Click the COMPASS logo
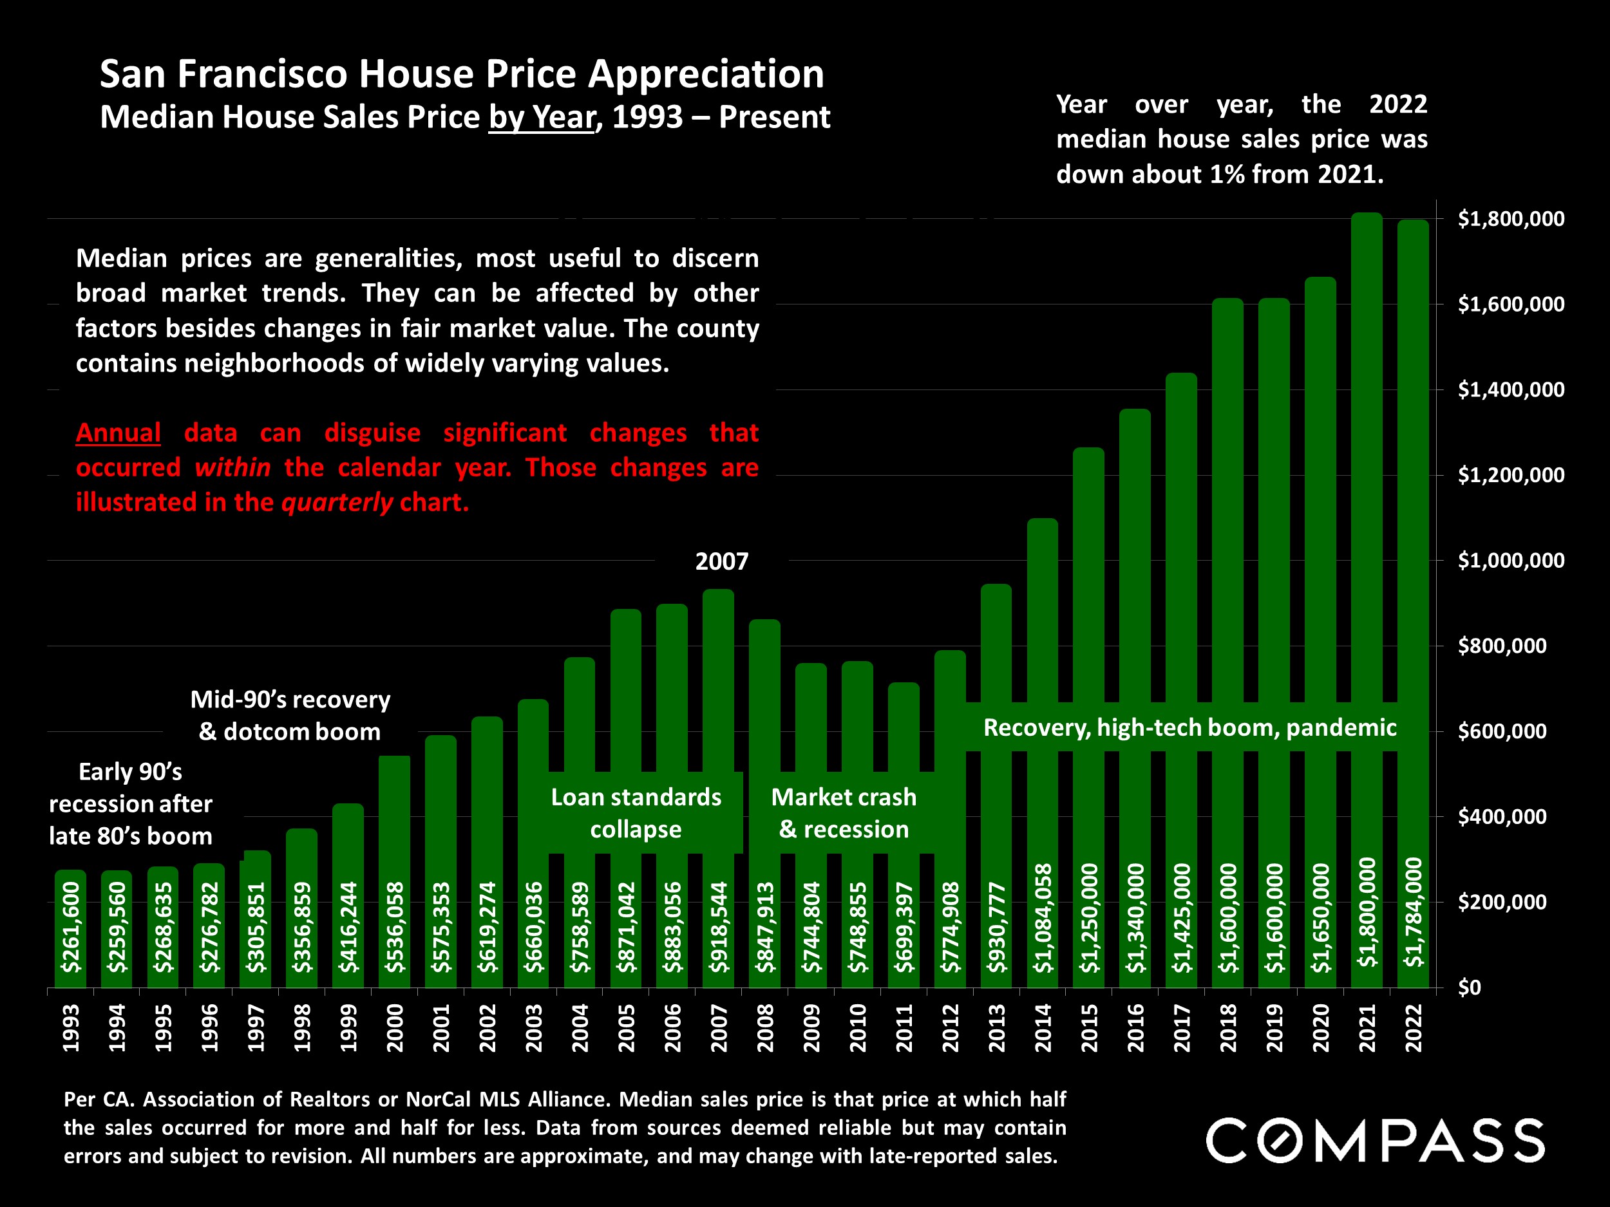pyautogui.click(x=1375, y=1140)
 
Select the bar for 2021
pyautogui.click(x=1366, y=509)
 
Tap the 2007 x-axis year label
pyautogui.click(x=719, y=1027)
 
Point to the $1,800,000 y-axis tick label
pyautogui.click(x=1511, y=219)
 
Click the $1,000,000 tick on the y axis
pyautogui.click(x=1511, y=560)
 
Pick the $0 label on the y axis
pyautogui.click(x=1469, y=987)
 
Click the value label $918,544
pyautogui.click(x=719, y=927)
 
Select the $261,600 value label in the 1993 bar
pyautogui.click(x=71, y=927)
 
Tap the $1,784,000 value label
pyautogui.click(x=1413, y=912)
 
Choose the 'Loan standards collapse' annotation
pyautogui.click(x=636, y=812)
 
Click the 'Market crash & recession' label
pyautogui.click(x=844, y=812)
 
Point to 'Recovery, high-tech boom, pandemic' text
pyautogui.click(x=1189, y=727)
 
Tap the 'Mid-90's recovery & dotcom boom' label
pyautogui.click(x=290, y=715)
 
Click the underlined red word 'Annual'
pyautogui.click(x=118, y=433)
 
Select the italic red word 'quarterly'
pyautogui.click(x=337, y=502)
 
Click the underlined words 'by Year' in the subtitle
pyautogui.click(x=542, y=117)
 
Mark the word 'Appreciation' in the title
pyautogui.click(x=705, y=74)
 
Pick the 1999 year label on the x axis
pyautogui.click(x=348, y=1027)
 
